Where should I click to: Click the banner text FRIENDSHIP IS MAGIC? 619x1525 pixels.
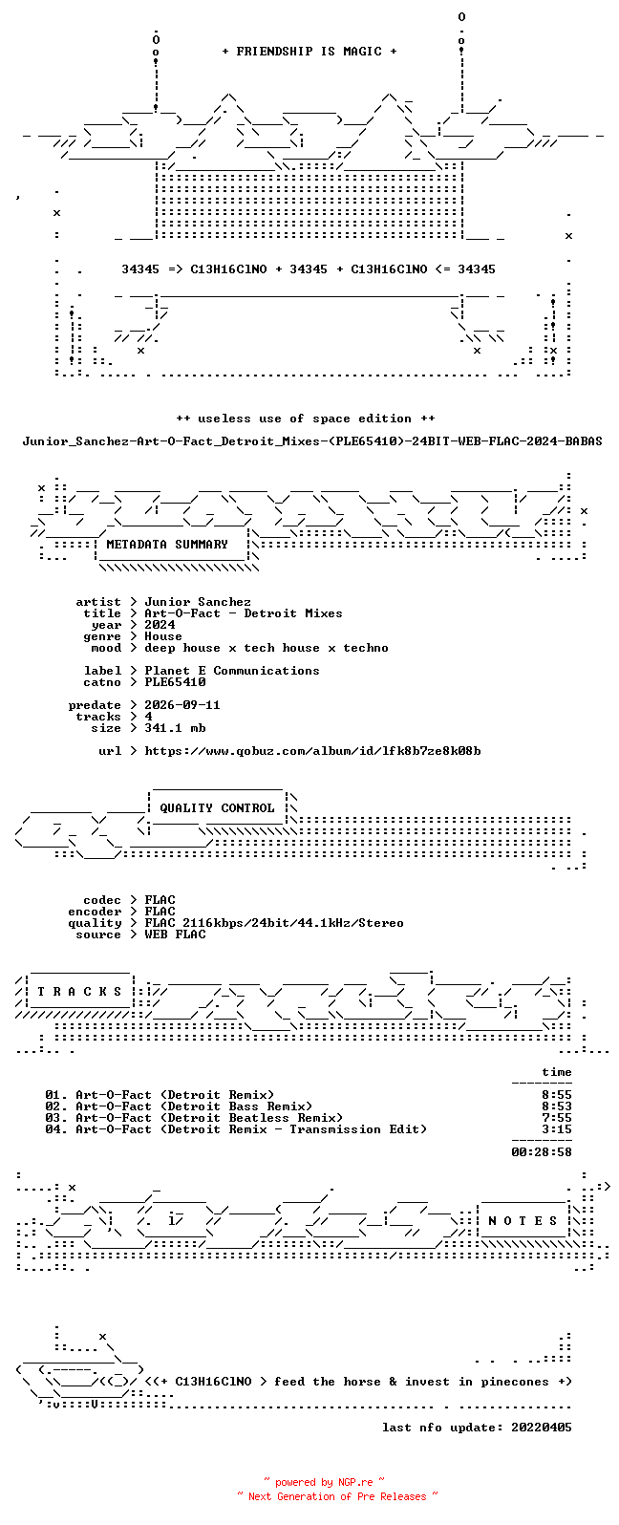pyautogui.click(x=309, y=52)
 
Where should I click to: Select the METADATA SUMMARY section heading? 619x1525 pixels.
pyautogui.click(x=167, y=545)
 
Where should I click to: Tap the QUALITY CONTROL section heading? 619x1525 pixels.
pyautogui.click(x=217, y=808)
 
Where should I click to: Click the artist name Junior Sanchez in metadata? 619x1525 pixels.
pyautogui.click(x=198, y=602)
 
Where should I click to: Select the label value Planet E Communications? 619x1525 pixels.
pyautogui.click(x=231, y=671)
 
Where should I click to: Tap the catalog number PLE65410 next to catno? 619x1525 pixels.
pyautogui.click(x=175, y=682)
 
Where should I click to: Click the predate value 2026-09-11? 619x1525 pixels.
pyautogui.click(x=182, y=705)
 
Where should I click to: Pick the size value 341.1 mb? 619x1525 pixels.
pyautogui.click(x=175, y=728)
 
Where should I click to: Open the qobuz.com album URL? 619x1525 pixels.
pyautogui.click(x=312, y=751)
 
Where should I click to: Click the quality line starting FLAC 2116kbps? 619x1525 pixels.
pyautogui.click(x=274, y=923)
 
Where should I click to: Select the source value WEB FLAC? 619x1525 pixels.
pyautogui.click(x=175, y=934)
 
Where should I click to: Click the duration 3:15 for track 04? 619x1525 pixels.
pyautogui.click(x=557, y=1129)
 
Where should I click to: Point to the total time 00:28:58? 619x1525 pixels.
pyautogui.click(x=542, y=1152)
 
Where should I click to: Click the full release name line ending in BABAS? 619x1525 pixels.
pyautogui.click(x=312, y=441)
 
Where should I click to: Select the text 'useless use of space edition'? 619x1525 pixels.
pyautogui.click(x=305, y=419)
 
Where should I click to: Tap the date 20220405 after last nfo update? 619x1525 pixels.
pyautogui.click(x=542, y=1428)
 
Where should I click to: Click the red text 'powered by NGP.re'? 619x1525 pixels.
pyautogui.click(x=324, y=1482)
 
